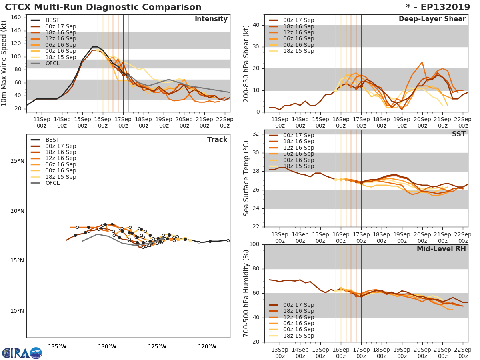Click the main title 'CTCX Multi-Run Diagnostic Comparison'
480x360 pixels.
103,7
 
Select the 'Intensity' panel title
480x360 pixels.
211,19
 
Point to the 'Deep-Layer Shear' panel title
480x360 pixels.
432,19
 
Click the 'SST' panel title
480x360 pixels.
458,134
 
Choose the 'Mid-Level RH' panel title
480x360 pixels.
441,249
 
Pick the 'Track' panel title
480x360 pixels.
217,140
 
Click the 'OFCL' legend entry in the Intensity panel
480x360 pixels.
52,64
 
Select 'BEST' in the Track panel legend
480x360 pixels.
52,140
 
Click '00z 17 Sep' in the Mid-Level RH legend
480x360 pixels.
298,305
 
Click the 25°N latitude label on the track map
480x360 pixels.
17,161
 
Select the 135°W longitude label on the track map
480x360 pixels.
57,347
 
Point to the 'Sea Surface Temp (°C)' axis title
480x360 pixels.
246,178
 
